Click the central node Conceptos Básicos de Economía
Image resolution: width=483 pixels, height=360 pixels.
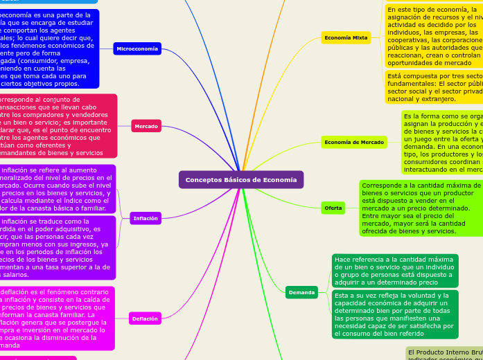[241, 180]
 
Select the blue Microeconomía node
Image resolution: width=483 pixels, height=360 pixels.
[137, 48]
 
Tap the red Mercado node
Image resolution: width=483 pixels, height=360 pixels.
[146, 126]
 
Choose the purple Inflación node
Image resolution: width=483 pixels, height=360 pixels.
[146, 219]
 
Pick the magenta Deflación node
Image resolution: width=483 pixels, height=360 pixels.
[146, 318]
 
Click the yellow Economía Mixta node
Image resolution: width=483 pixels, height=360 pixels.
[346, 38]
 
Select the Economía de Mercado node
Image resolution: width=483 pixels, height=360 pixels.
[354, 143]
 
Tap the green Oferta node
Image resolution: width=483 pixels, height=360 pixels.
[333, 208]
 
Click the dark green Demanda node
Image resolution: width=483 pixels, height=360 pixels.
[301, 293]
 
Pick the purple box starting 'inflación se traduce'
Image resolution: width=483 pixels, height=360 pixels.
[55, 248]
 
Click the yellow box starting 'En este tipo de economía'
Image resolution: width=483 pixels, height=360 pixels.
[433, 34]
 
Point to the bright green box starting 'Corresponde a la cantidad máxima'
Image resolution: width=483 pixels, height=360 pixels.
[421, 208]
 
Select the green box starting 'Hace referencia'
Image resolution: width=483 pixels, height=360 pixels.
[394, 270]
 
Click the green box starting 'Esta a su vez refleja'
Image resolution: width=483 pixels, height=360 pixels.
[394, 314]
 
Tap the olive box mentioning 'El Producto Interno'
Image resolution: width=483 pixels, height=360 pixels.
[444, 354]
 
